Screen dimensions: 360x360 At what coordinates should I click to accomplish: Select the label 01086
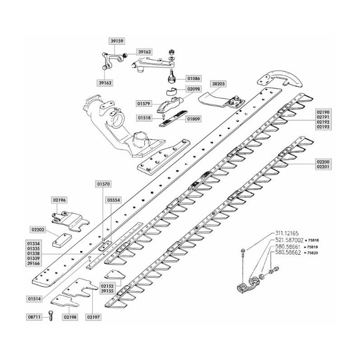pos(193,78)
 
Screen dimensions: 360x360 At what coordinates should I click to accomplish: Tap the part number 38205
pos(218,84)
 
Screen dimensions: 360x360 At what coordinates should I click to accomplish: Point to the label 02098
pos(193,89)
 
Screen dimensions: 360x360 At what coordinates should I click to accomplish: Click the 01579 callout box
pos(144,104)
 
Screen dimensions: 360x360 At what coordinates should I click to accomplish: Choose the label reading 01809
pos(193,119)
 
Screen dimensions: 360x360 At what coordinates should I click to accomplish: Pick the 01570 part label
pos(103,184)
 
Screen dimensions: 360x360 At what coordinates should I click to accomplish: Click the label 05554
pos(113,200)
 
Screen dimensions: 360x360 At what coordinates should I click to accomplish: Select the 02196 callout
pos(59,200)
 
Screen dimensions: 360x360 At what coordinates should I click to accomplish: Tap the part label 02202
pos(38,229)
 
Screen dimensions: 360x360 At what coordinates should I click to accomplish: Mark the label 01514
pos(34,299)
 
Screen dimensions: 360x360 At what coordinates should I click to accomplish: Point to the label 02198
pos(70,317)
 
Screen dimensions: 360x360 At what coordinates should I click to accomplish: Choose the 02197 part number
pos(93,317)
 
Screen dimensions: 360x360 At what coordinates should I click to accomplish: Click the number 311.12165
pos(287,234)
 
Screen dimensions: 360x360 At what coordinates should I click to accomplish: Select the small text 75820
pos(313,253)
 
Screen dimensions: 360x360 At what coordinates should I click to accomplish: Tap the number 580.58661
pos(288,247)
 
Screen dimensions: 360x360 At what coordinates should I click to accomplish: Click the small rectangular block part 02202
pos(62,240)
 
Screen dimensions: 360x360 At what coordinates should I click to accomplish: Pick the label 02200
pos(323,162)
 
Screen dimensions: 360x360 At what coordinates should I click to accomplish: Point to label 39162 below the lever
pos(105,83)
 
